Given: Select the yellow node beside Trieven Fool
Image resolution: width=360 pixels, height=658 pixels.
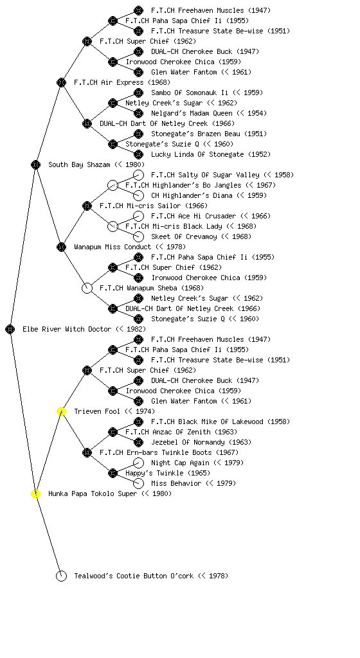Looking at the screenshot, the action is (61, 412).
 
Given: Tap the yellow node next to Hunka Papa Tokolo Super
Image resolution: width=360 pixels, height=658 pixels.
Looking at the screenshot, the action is (35, 494).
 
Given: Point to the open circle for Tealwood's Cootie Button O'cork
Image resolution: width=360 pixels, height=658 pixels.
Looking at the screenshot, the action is (61, 576).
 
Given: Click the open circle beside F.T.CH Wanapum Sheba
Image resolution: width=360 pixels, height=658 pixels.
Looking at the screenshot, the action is (87, 289).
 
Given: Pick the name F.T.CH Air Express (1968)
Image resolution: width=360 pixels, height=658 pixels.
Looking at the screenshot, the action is (122, 82).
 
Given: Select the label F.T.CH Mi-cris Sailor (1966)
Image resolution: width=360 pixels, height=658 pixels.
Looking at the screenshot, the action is (154, 206).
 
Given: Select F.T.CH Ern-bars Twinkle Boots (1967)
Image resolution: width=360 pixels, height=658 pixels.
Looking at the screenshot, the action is (169, 452).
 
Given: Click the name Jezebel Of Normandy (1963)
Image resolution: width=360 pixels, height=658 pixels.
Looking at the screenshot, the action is (201, 442).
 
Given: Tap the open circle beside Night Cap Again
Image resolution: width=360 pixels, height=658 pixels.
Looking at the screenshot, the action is (138, 463).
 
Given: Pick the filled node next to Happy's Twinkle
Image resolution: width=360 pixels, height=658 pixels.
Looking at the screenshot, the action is (113, 474).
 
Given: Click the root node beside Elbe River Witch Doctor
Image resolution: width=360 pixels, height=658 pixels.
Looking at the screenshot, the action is (10, 330).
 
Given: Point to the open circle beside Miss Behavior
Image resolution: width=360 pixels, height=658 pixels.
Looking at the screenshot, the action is (138, 483).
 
